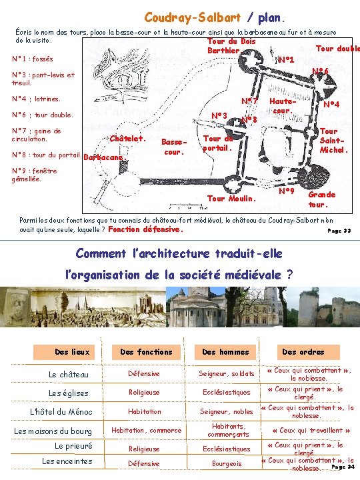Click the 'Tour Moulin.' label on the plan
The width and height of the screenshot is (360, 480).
coord(231,199)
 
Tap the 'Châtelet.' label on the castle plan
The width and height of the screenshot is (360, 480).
coord(128,139)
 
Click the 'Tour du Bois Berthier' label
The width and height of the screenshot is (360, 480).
coord(232,46)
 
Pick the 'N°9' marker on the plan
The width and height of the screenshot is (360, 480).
coord(287,191)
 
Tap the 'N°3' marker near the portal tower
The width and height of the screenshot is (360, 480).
coord(219,116)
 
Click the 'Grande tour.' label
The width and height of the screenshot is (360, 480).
coord(322,199)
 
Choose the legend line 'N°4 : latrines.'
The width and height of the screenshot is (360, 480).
coord(36,99)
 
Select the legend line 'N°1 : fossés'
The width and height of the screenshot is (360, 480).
coord(33,59)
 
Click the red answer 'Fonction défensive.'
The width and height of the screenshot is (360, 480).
coord(145,229)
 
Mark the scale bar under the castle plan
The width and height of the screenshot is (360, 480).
coord(186,204)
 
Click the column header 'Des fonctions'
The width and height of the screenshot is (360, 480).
coord(146,352)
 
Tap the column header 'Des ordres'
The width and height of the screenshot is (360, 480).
coord(303,352)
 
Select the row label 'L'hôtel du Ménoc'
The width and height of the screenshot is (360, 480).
coord(61,412)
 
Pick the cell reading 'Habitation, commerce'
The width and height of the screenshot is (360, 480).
coord(146,431)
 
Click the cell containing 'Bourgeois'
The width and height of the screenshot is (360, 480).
coord(227,464)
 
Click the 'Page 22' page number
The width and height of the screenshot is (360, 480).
coord(339,231)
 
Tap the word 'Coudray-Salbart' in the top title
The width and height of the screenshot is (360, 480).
coord(193,18)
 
